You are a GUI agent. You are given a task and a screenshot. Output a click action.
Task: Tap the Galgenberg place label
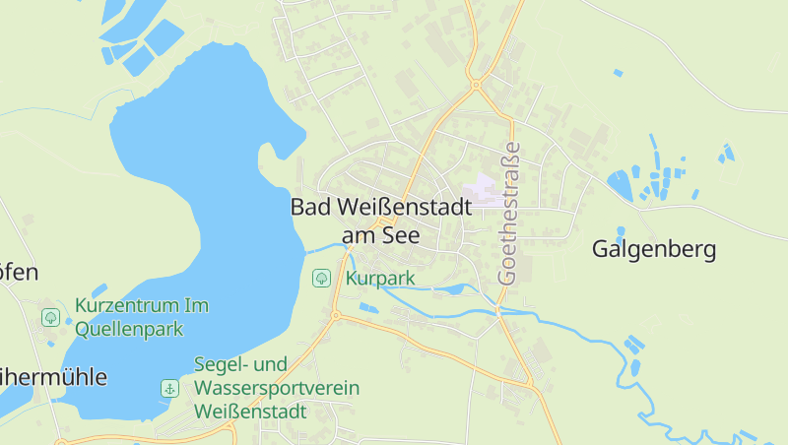[x=653, y=249]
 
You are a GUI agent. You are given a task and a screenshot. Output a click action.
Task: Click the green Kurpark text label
[x=380, y=279]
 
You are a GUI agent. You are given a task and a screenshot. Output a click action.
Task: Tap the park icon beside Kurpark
[x=321, y=278]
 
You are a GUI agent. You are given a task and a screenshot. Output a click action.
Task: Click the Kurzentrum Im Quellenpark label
[x=141, y=317]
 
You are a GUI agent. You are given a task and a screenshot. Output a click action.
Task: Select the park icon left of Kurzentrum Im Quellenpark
[x=50, y=317]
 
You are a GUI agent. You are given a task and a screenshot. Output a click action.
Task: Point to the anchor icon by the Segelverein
[x=169, y=388]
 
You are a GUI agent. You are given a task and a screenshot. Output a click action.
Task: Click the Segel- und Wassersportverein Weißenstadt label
[x=276, y=387]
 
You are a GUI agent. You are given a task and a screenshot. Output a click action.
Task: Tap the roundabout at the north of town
[x=476, y=85]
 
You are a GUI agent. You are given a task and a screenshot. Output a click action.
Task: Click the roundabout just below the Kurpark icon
[x=336, y=316]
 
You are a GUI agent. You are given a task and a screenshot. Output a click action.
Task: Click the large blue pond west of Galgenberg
[x=620, y=184]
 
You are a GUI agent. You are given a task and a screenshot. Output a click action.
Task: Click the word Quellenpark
[x=129, y=329]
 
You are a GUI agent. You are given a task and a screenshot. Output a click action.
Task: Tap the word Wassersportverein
[x=276, y=388]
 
